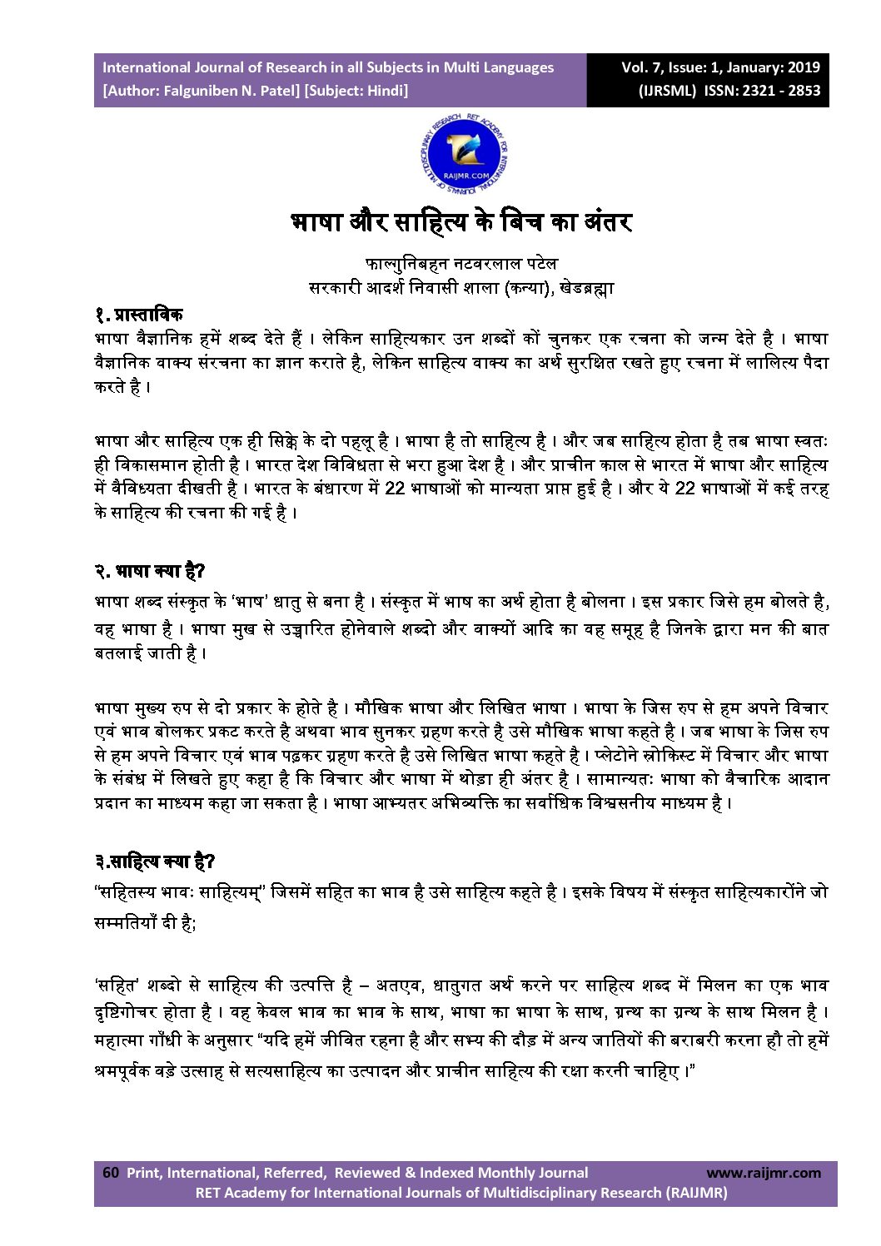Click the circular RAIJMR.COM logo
pos(464,153)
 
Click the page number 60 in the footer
pos(111,1172)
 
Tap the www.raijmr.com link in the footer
pos(763,1173)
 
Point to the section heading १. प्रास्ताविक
pos(138,315)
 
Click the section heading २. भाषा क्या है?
pos(149,571)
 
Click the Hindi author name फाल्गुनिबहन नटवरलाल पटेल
pos(460,264)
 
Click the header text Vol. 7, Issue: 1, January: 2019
pos(720,67)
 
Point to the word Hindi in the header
pos(386,91)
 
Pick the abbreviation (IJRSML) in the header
pos(667,91)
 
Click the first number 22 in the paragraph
pos(395,488)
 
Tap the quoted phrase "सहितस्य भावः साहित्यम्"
pos(180,892)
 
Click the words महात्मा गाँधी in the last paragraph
pos(137,1040)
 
